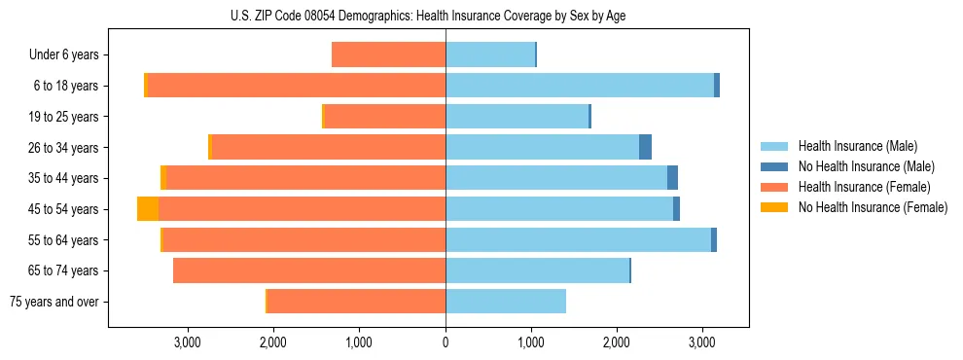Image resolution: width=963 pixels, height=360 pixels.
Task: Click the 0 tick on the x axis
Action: [446, 342]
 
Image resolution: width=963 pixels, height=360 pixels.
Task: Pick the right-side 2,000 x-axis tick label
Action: [617, 342]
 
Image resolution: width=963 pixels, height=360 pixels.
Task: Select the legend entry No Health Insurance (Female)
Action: [873, 207]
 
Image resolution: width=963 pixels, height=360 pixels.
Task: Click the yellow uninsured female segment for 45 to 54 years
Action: [148, 209]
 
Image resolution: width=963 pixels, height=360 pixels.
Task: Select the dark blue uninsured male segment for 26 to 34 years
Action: [645, 147]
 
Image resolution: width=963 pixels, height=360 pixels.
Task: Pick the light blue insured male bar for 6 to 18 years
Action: [580, 86]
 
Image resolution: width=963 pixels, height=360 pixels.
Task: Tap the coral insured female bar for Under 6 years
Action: [389, 54]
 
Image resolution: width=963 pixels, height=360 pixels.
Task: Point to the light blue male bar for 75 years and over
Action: [506, 302]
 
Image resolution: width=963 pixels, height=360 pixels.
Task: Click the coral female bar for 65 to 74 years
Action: [309, 270]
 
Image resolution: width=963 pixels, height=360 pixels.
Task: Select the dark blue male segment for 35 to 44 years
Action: [672, 178]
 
